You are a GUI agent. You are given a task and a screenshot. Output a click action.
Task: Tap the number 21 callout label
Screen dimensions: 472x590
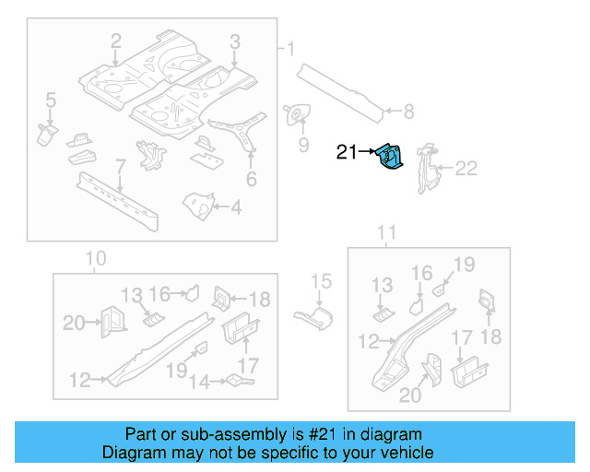(347, 153)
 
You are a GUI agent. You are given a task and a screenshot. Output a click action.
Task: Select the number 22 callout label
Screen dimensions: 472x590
(467, 168)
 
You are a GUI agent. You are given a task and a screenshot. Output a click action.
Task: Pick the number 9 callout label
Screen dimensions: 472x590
(302, 145)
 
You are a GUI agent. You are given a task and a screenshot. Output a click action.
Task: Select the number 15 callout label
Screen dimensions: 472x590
(320, 281)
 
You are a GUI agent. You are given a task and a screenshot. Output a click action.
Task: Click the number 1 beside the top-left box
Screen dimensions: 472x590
(290, 49)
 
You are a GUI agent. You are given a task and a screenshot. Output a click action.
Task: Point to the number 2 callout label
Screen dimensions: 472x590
(116, 41)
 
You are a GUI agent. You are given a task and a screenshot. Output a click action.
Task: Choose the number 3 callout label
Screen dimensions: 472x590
(235, 41)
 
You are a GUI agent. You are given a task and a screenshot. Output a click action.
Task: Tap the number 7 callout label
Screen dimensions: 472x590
(120, 167)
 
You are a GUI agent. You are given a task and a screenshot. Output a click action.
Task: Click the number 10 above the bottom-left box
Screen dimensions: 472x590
(96, 258)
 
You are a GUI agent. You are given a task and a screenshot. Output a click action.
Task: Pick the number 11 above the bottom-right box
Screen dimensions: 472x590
(388, 231)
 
